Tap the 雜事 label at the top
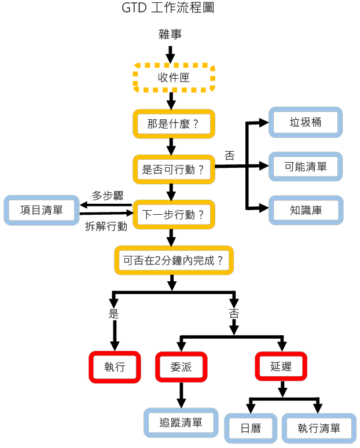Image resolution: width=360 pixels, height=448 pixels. (170, 35)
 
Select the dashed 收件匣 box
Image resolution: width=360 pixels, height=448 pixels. (174, 78)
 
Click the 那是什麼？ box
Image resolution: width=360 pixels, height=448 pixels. (174, 123)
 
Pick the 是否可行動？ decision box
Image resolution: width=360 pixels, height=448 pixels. (174, 170)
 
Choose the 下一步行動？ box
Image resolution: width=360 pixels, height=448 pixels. (174, 215)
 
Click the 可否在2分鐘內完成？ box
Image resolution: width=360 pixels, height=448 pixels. (174, 260)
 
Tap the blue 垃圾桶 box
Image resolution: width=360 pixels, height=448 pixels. (306, 123)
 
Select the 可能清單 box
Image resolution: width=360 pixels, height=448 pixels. (306, 167)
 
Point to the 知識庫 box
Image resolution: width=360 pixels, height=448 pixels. (306, 211)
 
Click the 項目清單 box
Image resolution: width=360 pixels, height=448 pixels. (41, 210)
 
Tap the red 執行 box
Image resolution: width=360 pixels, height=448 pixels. (115, 367)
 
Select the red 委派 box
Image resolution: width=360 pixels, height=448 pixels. (181, 367)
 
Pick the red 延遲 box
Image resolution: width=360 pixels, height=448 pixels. (281, 367)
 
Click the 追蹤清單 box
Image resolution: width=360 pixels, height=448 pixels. (181, 423)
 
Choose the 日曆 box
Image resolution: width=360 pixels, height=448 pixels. (251, 429)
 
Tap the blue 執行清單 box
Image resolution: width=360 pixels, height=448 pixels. (319, 429)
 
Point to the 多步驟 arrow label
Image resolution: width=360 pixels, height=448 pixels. (108, 195)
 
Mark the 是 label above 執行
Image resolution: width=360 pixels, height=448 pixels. (114, 314)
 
